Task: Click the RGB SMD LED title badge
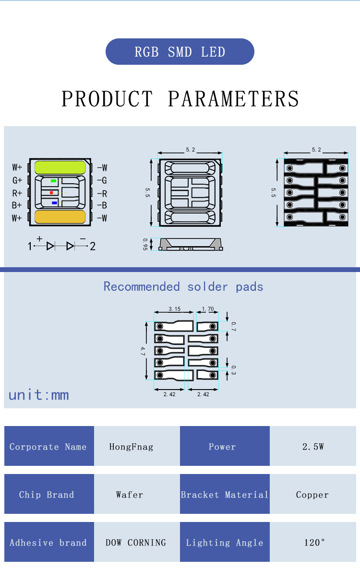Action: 180,52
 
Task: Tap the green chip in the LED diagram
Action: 53,181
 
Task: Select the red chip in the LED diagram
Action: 51,192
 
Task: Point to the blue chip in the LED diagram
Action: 54,203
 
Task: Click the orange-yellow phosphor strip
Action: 60,217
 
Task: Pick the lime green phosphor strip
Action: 60,167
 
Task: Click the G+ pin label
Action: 17,180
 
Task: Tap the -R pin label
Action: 102,193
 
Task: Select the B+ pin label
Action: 17,205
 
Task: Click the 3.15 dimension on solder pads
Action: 174,309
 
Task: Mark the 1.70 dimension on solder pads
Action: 208,309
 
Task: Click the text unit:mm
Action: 39,395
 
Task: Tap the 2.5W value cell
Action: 313,446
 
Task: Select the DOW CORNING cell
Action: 136,543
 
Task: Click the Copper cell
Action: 312,495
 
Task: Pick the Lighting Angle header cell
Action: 225,543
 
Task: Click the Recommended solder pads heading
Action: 183,287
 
